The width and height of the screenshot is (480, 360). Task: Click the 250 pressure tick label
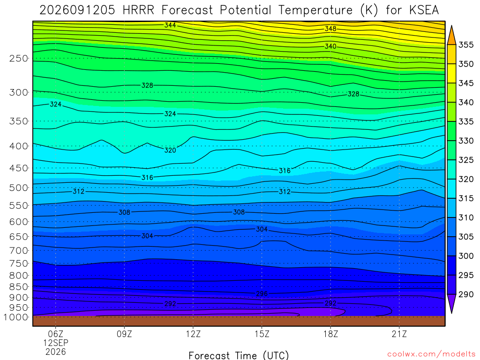click(x=18, y=58)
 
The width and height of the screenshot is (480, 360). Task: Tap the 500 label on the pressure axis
click(x=18, y=187)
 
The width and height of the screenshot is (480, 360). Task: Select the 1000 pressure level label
click(x=16, y=317)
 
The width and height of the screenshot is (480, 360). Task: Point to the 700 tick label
click(x=18, y=251)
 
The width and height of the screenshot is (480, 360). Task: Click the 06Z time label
click(x=55, y=334)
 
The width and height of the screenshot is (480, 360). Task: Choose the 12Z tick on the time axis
click(x=193, y=334)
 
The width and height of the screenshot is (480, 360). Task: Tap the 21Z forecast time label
click(x=399, y=334)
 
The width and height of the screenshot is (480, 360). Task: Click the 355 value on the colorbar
click(x=465, y=45)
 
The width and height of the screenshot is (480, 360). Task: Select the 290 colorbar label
click(x=465, y=294)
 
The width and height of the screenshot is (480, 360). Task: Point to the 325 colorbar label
click(x=465, y=160)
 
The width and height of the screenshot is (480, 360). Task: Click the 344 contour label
click(x=170, y=25)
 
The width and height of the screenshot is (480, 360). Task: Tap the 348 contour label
click(x=330, y=29)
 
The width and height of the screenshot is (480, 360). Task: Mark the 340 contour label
click(x=330, y=46)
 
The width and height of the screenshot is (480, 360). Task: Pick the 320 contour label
click(x=170, y=150)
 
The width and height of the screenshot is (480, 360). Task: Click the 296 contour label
click(x=262, y=294)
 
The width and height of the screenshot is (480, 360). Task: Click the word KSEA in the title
click(x=424, y=10)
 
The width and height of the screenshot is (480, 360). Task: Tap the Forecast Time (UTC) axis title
click(x=239, y=355)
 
